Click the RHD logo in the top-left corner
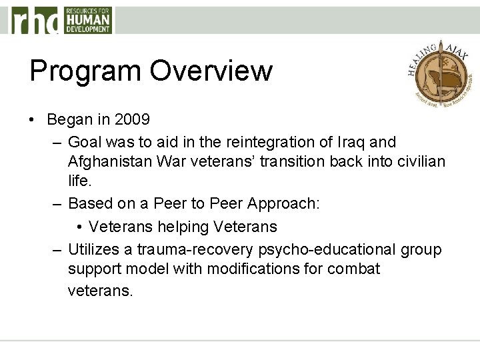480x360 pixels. point(60,20)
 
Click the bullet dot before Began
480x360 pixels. point(33,120)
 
